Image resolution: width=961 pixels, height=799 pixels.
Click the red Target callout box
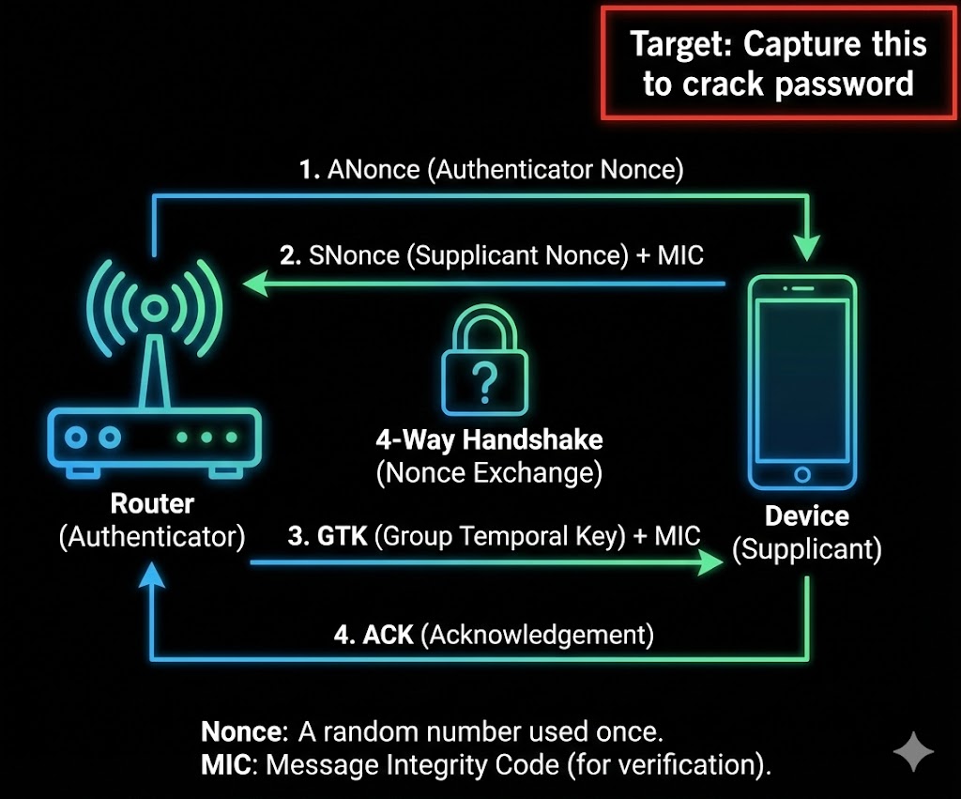[x=778, y=63]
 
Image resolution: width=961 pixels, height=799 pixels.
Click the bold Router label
[x=152, y=504]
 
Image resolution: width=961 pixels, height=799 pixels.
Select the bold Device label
[x=806, y=515]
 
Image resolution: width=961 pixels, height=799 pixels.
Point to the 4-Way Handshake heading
[x=489, y=439]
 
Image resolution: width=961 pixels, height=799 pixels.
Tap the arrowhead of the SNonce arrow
[x=252, y=282]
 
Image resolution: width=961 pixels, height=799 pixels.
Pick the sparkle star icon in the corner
[x=913, y=751]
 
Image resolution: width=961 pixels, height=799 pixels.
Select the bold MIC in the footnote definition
[x=225, y=764]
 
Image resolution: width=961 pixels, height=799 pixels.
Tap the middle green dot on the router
[x=206, y=438]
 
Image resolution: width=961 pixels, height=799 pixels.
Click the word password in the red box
[x=845, y=84]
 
